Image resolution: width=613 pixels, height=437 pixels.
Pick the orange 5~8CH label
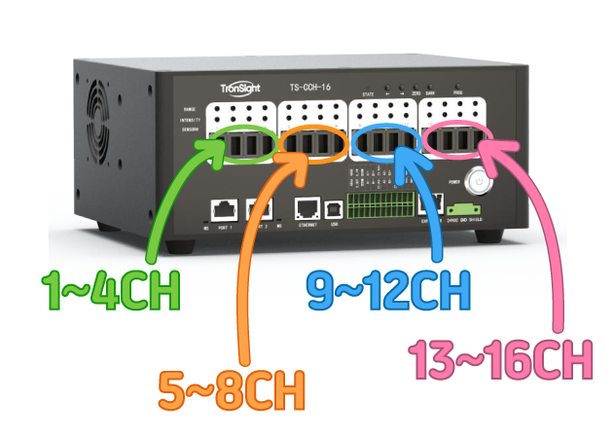click(x=232, y=391)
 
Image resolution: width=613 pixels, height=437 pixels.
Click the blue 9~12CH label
click(x=388, y=289)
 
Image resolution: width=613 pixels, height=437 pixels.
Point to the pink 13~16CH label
click(x=501, y=360)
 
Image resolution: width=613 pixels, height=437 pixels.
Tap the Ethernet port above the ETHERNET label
click(x=307, y=206)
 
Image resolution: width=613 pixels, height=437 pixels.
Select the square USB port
click(x=334, y=207)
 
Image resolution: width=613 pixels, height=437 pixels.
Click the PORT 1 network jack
click(x=224, y=207)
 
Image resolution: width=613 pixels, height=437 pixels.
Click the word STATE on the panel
click(x=368, y=93)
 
